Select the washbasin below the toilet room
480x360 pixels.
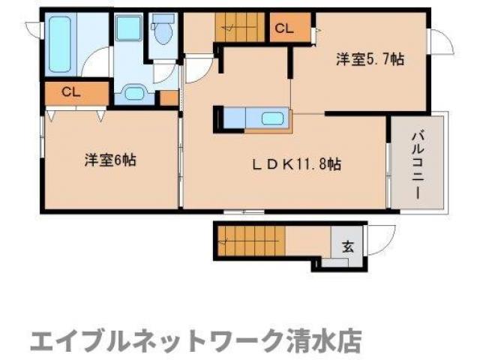click(x=133, y=93)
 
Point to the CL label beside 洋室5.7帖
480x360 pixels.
click(x=283, y=29)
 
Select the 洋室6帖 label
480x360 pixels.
click(x=109, y=160)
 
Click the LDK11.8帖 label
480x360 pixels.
click(x=297, y=163)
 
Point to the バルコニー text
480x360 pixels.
click(x=417, y=163)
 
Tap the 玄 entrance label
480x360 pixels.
click(x=348, y=245)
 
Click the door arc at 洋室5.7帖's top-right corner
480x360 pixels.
click(x=442, y=40)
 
